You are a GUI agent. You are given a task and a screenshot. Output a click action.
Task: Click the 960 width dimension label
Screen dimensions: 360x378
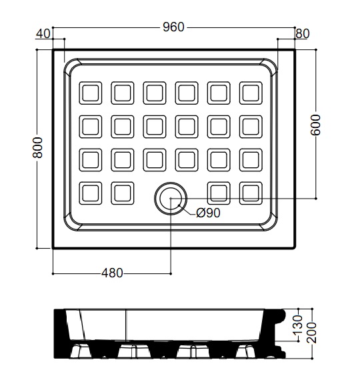tap(173, 27)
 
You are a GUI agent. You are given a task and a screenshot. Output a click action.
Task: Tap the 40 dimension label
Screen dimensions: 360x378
tap(43, 33)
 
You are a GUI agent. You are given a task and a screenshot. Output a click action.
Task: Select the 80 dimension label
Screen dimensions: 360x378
tap(303, 33)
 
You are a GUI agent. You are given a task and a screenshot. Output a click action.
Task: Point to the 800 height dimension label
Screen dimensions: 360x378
tap(37, 147)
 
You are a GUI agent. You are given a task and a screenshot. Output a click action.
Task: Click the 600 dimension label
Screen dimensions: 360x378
tap(315, 125)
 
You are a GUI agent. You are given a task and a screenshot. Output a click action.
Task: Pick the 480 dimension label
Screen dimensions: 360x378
tap(112, 273)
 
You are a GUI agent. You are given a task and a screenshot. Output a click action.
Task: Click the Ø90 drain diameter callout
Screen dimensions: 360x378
tap(208, 213)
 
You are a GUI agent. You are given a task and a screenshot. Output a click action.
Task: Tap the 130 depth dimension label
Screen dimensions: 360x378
tap(298, 325)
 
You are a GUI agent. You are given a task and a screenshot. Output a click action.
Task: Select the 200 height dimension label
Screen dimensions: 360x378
tap(311, 333)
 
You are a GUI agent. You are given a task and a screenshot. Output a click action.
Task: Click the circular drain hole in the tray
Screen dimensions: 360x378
tap(171, 198)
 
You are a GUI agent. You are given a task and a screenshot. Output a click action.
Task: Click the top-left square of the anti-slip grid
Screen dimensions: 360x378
tap(91, 93)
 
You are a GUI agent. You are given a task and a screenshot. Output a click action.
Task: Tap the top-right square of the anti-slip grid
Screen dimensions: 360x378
tap(251, 93)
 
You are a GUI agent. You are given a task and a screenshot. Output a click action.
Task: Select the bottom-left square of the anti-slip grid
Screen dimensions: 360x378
tap(91, 193)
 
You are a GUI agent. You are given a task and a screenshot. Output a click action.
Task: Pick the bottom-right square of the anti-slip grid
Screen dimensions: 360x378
tap(251, 193)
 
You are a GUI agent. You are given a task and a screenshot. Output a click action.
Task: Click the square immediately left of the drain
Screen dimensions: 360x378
tap(123, 193)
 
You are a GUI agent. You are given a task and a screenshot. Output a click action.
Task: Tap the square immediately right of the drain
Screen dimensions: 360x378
tap(219, 193)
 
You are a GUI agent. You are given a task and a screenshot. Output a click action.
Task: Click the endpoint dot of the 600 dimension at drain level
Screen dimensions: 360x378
tap(316, 199)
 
